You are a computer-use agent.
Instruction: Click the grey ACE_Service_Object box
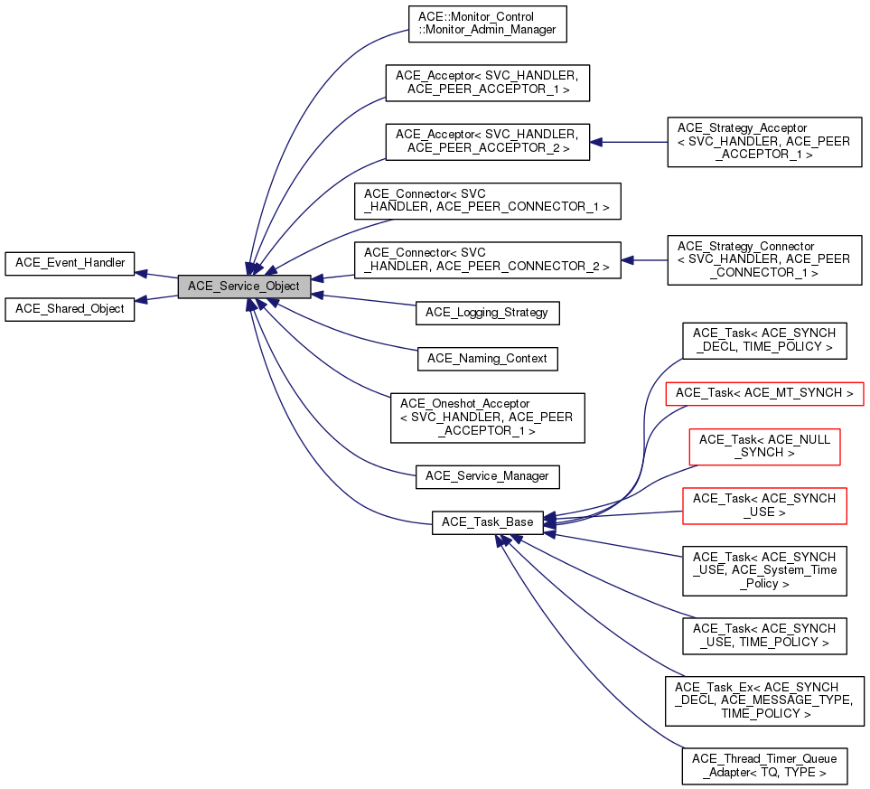click(x=244, y=286)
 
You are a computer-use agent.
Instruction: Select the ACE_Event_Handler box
click(x=70, y=263)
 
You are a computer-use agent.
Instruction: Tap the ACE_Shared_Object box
click(x=70, y=308)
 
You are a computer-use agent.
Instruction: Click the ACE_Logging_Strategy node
click(x=488, y=313)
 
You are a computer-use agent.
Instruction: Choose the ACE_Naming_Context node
click(x=487, y=358)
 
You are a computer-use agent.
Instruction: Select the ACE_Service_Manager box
click(x=487, y=475)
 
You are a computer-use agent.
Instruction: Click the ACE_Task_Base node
click(x=488, y=522)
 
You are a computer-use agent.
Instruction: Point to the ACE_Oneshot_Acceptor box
click(x=487, y=417)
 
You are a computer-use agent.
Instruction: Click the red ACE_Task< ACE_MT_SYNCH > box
click(x=764, y=393)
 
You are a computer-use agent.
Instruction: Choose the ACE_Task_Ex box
click(x=764, y=700)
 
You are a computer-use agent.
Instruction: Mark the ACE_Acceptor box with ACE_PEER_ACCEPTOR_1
click(x=488, y=82)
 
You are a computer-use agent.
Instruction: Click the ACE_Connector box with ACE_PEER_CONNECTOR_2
click(x=487, y=259)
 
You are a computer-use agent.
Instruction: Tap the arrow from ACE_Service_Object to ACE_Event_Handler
click(x=155, y=274)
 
